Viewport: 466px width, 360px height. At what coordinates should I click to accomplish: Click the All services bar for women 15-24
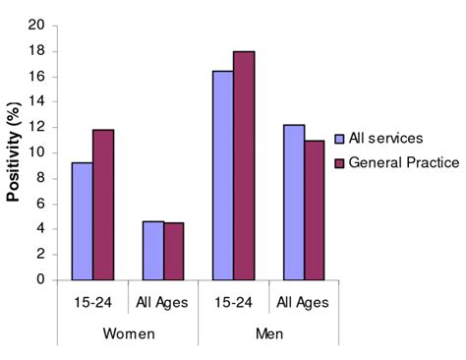tap(82, 221)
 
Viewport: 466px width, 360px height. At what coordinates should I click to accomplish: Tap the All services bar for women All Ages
tap(152, 251)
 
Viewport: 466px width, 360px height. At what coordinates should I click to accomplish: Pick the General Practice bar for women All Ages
tap(174, 251)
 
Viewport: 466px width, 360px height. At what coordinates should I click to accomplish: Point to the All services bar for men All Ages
tap(293, 203)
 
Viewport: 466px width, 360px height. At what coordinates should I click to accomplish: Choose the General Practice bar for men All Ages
tap(315, 210)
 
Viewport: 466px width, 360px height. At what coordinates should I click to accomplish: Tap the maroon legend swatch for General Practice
tap(339, 161)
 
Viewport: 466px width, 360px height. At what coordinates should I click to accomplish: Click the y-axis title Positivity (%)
tap(14, 149)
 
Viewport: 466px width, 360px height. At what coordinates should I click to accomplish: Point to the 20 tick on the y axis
tap(36, 26)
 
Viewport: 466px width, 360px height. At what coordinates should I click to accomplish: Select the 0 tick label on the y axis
tap(40, 280)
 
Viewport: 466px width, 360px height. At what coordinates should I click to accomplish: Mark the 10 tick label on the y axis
tap(36, 152)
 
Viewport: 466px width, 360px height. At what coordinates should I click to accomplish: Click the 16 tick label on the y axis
tap(36, 77)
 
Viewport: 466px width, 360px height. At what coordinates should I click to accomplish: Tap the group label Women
tap(128, 334)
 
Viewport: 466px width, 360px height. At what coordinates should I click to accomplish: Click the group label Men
tap(268, 334)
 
